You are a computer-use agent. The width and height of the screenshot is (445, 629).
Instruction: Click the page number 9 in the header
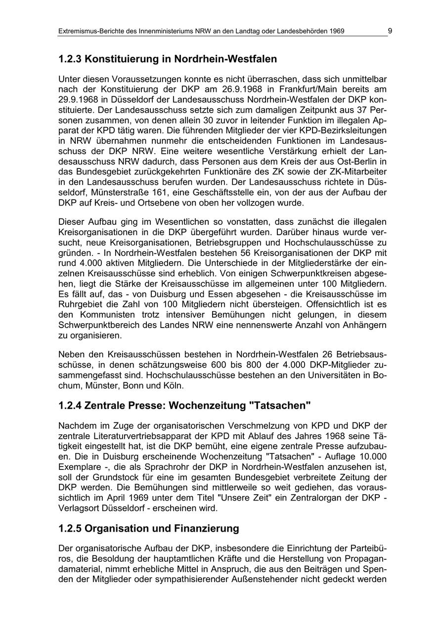(x=390, y=31)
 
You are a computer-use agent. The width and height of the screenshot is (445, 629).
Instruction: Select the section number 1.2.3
(x=70, y=59)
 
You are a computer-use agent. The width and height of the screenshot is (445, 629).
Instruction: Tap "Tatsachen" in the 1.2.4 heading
(x=280, y=406)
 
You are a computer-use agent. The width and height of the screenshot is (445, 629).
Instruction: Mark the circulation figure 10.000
(x=368, y=457)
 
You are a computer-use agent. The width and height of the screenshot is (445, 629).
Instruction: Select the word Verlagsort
(x=80, y=508)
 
